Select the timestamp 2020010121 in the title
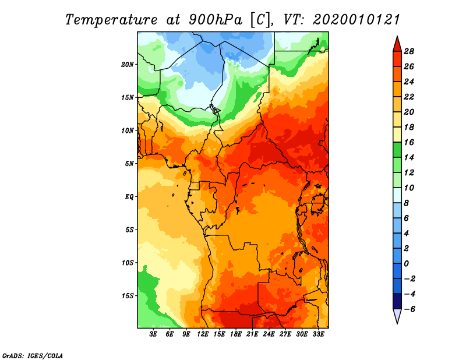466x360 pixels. (x=356, y=19)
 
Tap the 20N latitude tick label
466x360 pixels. (x=128, y=64)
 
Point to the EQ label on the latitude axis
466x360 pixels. (x=129, y=197)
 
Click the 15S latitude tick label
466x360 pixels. (x=128, y=296)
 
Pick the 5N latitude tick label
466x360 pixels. (x=129, y=164)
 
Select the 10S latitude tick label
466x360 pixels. (x=128, y=263)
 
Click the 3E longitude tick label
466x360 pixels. (x=154, y=334)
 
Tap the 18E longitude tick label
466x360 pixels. (x=236, y=334)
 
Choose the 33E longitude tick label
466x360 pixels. (x=318, y=334)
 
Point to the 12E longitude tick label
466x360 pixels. (x=203, y=334)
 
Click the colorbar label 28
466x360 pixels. (x=408, y=51)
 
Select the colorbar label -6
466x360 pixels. (x=408, y=309)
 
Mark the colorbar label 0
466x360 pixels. (x=408, y=263)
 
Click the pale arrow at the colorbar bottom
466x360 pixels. (x=397, y=316)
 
